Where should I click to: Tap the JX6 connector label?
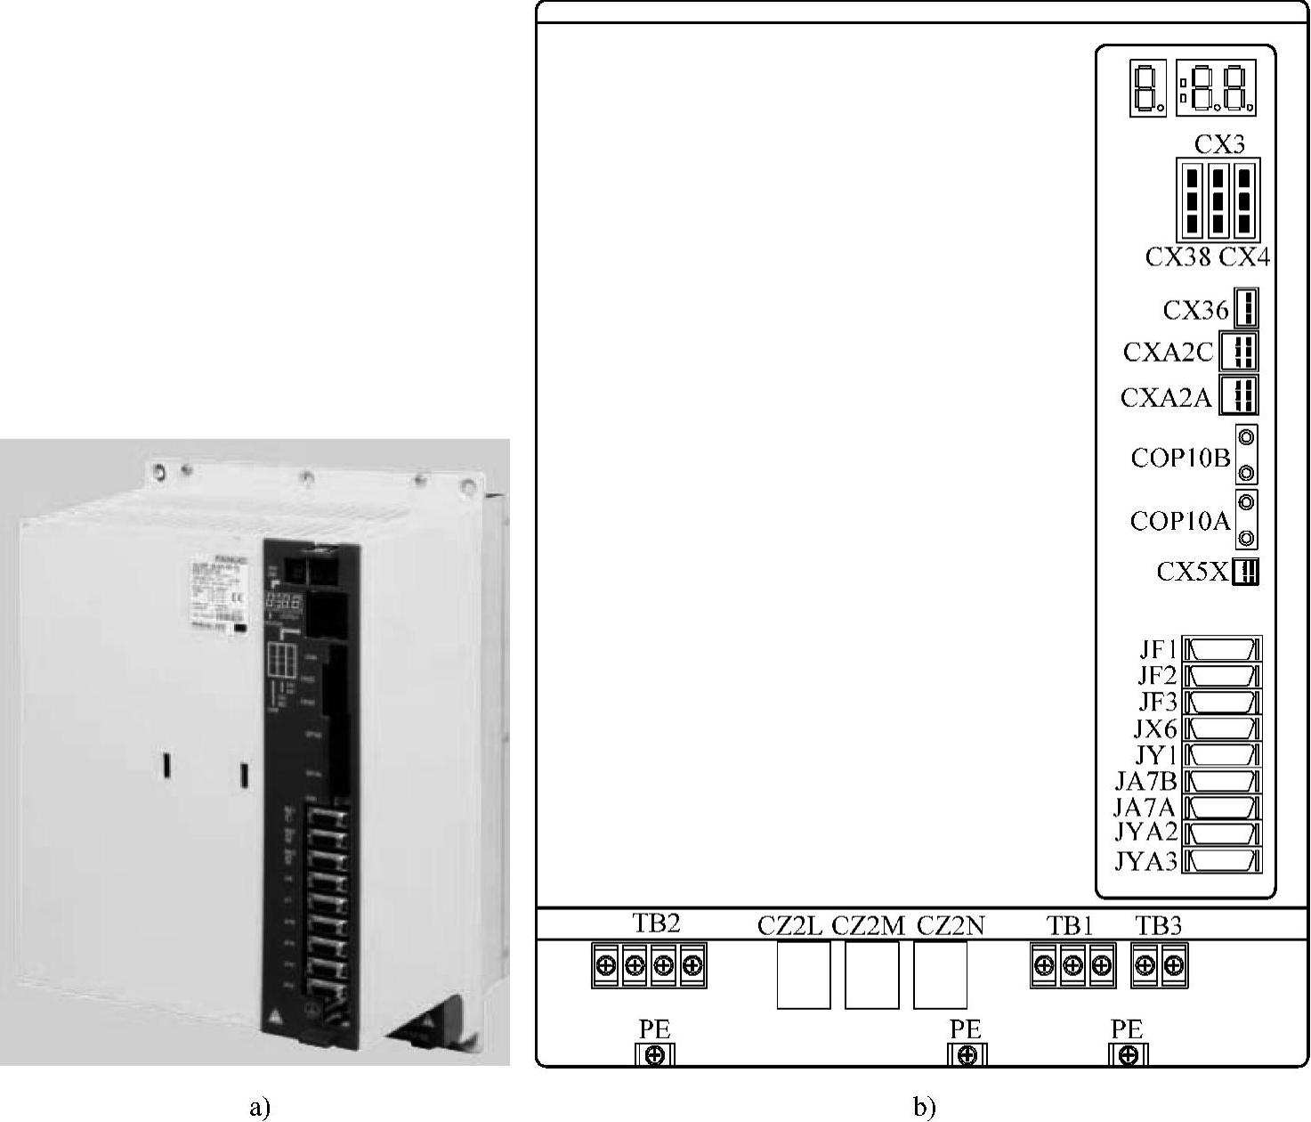[x=1154, y=728]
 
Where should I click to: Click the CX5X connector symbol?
[x=1246, y=571]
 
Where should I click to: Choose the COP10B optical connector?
[x=1247, y=455]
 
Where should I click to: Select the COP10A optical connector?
[x=1247, y=520]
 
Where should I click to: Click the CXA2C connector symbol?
[x=1239, y=352]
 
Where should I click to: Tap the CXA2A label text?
[x=1166, y=397]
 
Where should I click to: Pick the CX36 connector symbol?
[x=1246, y=309]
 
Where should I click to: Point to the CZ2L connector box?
[x=803, y=975]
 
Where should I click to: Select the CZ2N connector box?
[x=940, y=975]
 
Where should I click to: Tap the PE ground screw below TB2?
[x=655, y=1056]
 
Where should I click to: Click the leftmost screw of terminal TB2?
[x=606, y=965]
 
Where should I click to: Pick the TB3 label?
[x=1159, y=926]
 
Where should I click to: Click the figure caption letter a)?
[x=258, y=1107]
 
